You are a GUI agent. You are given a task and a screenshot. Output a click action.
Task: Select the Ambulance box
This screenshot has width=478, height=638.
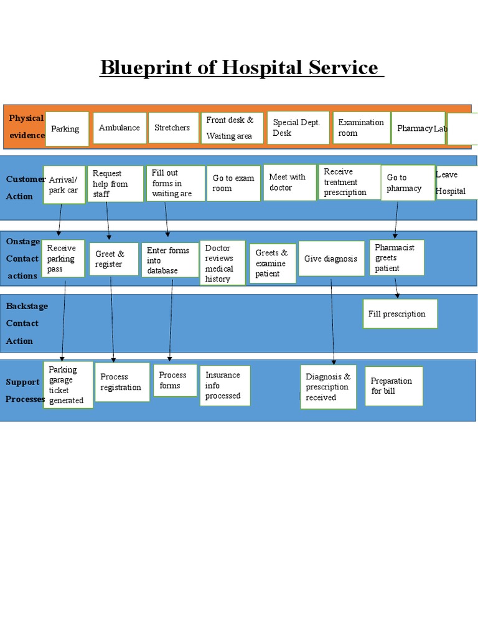(119, 128)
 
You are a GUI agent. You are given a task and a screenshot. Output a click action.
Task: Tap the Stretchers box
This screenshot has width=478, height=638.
(172, 128)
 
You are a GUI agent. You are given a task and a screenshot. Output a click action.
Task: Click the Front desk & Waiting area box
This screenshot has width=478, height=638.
(232, 128)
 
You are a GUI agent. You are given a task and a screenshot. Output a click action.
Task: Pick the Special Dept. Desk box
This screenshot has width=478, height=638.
(296, 128)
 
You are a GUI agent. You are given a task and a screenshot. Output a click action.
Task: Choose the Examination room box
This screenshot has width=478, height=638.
(362, 128)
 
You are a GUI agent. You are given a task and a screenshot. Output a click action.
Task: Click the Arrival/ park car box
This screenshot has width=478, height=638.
(63, 185)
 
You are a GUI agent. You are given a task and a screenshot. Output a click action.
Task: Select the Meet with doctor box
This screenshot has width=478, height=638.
(289, 183)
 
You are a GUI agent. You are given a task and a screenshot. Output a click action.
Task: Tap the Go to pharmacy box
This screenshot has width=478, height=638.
(407, 183)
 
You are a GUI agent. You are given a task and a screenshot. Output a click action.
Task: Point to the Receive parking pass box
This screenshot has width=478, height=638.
(63, 259)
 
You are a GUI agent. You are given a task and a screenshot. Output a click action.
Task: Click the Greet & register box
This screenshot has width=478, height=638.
(114, 259)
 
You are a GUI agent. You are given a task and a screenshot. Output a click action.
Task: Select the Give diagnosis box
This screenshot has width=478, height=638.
(331, 259)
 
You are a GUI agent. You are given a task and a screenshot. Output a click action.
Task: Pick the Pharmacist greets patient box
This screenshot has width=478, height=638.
(396, 258)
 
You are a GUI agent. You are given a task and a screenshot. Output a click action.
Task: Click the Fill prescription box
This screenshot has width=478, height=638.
(400, 314)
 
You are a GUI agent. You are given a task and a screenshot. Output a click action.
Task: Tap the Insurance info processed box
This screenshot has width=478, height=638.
(225, 385)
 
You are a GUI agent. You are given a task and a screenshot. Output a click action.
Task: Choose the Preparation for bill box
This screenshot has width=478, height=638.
(393, 386)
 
